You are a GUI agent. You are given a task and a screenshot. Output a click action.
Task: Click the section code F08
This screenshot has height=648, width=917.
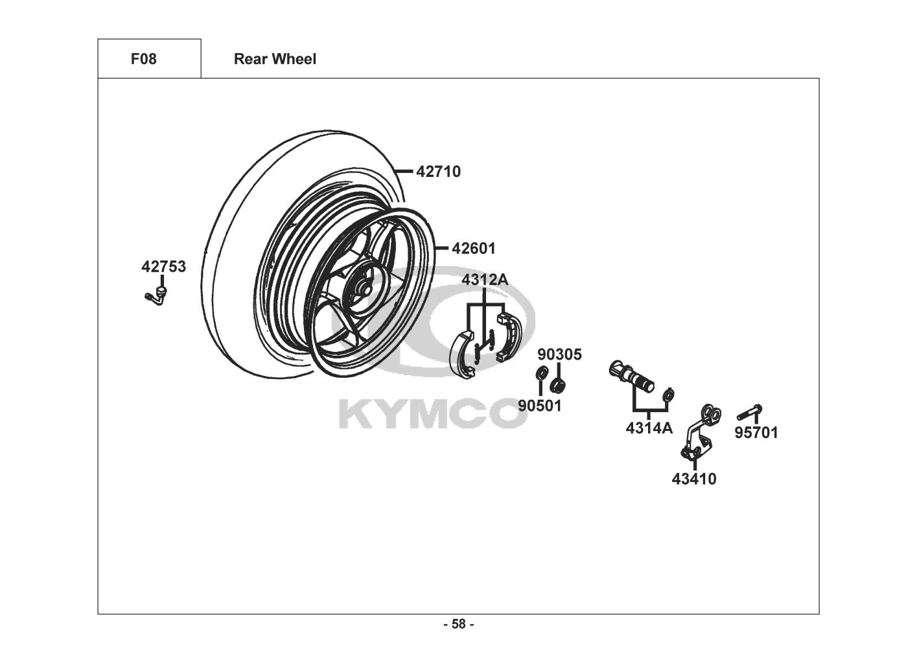143,59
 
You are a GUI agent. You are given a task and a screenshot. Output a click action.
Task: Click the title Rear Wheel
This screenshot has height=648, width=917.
275,59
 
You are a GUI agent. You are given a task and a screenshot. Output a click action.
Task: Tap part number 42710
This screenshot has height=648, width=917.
438,172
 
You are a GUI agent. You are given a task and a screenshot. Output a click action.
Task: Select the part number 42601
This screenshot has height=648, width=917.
474,248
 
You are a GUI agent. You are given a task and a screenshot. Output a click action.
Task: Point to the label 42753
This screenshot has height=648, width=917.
163,266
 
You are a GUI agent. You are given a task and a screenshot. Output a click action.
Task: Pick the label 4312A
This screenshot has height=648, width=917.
485,279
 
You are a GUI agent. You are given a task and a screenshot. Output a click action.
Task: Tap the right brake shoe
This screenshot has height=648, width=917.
509,336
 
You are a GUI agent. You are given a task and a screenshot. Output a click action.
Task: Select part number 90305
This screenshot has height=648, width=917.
559,354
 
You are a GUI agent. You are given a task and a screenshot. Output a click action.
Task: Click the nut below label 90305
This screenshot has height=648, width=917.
557,385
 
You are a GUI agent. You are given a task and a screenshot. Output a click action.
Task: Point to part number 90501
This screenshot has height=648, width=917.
540,406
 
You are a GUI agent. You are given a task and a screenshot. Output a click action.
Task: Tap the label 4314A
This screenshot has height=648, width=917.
649,428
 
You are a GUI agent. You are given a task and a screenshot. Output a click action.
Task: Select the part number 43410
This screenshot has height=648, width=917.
694,479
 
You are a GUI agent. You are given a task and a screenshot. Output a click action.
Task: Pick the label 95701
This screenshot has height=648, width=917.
756,433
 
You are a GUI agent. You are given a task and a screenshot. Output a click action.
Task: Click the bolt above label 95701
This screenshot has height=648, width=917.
750,412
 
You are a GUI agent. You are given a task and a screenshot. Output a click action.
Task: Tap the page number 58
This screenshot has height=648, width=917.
459,624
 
